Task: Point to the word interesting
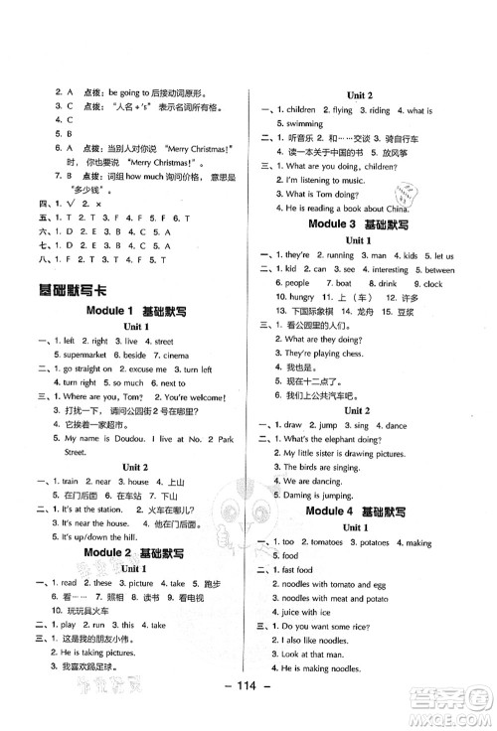point(379,269)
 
